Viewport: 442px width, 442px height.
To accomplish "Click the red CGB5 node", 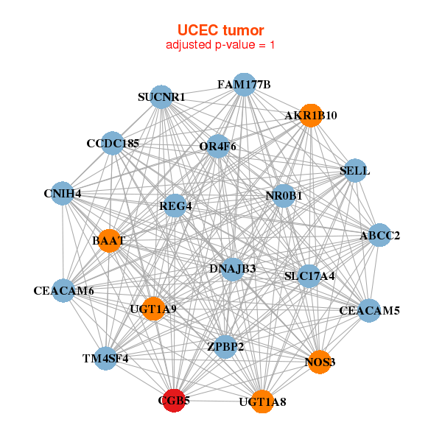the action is [x=174, y=401].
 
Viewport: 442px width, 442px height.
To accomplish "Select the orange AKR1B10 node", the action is [x=311, y=115].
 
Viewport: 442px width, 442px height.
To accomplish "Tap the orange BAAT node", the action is [x=109, y=240].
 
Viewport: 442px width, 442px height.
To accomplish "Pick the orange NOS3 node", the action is [x=320, y=362].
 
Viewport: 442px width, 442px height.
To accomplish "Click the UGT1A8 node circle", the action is [x=262, y=401].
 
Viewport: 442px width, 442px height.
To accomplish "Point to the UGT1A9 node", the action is [x=153, y=309].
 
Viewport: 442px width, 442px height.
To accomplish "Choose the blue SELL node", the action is [x=355, y=171].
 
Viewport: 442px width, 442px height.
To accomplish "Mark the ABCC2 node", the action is [x=379, y=236].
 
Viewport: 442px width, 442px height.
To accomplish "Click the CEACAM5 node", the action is [x=369, y=311].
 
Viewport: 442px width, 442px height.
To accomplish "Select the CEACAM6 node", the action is [x=64, y=290].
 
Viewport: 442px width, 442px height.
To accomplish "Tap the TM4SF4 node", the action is [x=105, y=359].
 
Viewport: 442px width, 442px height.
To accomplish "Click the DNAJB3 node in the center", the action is [x=232, y=268].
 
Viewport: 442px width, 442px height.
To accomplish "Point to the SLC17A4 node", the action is [x=309, y=276].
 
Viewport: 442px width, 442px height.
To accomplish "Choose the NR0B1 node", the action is [x=284, y=196].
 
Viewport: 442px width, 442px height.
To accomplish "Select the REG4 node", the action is [x=175, y=206].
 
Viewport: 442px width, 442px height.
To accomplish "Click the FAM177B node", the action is [x=244, y=85].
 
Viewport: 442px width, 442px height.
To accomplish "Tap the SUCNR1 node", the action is [x=161, y=97].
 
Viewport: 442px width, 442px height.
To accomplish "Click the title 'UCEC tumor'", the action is [x=221, y=30].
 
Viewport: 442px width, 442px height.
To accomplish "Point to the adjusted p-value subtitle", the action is [x=221, y=45].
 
